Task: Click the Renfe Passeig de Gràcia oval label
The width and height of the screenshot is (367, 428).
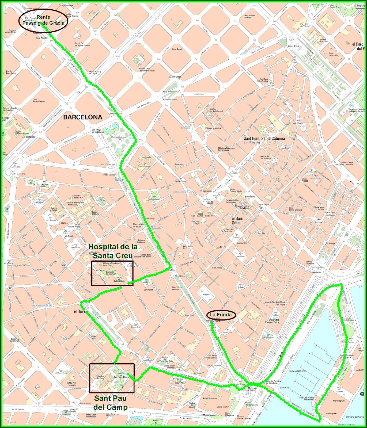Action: click(43, 20)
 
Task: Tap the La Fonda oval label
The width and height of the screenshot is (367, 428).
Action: click(221, 315)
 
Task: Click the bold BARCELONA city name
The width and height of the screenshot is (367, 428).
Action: click(83, 117)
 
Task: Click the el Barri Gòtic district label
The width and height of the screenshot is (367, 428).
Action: click(236, 220)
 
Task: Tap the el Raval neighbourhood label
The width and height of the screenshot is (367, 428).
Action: click(79, 311)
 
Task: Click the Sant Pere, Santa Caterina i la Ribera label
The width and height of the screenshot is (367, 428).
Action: click(264, 140)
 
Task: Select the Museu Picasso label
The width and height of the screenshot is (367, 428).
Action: click(304, 180)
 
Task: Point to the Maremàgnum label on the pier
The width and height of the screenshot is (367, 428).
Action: click(331, 401)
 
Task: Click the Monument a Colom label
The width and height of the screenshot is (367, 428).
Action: click(252, 389)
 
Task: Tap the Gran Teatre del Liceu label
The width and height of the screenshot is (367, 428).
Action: click(177, 288)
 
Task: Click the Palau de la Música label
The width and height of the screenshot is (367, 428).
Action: click(213, 128)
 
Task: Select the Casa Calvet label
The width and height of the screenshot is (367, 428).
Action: click(177, 49)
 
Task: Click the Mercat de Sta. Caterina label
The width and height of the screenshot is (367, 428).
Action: click(265, 157)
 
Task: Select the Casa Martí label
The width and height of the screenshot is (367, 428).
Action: click(179, 164)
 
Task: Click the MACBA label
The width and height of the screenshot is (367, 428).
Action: click(64, 223)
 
